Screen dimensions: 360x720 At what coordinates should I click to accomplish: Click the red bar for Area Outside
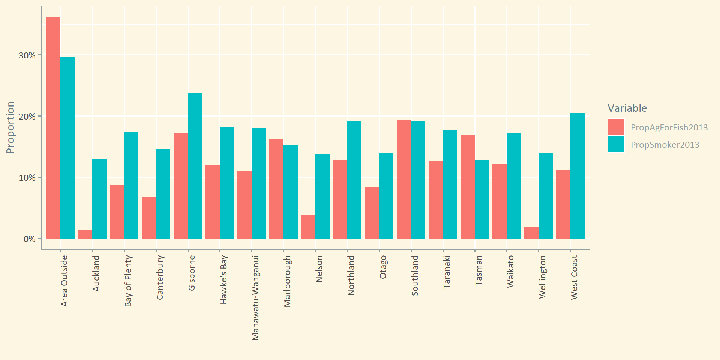[53, 127]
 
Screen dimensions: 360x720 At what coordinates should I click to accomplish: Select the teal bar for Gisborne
[195, 166]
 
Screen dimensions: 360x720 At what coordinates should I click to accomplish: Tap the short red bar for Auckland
[85, 234]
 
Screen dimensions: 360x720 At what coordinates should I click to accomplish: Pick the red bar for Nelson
[308, 226]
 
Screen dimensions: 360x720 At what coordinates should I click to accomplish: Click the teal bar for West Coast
[577, 175]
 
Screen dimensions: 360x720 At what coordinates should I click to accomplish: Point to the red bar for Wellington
[531, 233]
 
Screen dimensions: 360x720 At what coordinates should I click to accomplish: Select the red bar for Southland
[404, 179]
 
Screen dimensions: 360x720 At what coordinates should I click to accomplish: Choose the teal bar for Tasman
[482, 199]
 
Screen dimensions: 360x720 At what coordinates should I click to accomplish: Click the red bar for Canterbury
[149, 217]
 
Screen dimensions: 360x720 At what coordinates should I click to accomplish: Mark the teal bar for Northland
[354, 180]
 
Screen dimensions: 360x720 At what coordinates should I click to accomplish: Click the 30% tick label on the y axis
[27, 55]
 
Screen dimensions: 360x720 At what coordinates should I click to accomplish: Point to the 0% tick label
[29, 239]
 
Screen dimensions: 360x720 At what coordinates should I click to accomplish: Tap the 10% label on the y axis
[27, 178]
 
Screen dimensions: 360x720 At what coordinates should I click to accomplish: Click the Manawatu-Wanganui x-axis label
[256, 298]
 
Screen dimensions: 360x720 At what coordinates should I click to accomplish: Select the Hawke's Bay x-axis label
[224, 279]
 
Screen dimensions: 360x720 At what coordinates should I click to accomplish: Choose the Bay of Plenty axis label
[128, 281]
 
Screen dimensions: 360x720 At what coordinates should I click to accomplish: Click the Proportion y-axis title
[10, 127]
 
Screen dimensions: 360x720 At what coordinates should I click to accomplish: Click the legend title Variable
[627, 108]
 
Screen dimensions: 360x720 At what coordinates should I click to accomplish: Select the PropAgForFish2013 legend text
[669, 127]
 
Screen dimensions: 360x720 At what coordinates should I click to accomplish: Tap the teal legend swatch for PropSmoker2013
[616, 145]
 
